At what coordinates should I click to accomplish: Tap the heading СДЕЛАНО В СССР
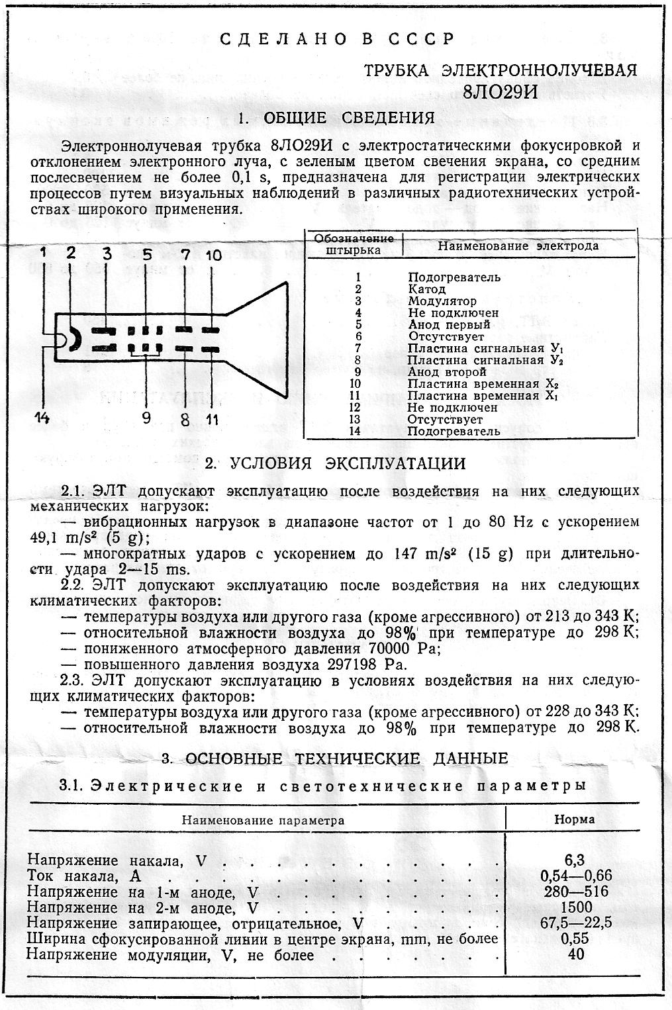(x=338, y=39)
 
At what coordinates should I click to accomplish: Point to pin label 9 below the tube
(x=146, y=417)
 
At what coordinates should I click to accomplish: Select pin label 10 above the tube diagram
(x=213, y=255)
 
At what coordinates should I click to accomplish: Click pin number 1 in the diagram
(x=43, y=252)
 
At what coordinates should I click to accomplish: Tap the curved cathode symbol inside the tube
(x=75, y=339)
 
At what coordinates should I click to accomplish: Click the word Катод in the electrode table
(x=426, y=289)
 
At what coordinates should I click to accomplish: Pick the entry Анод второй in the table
(x=446, y=372)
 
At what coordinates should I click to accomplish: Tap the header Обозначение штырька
(x=354, y=244)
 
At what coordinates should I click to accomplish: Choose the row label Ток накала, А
(x=80, y=876)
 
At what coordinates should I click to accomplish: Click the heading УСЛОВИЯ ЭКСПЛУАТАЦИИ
(x=335, y=463)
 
